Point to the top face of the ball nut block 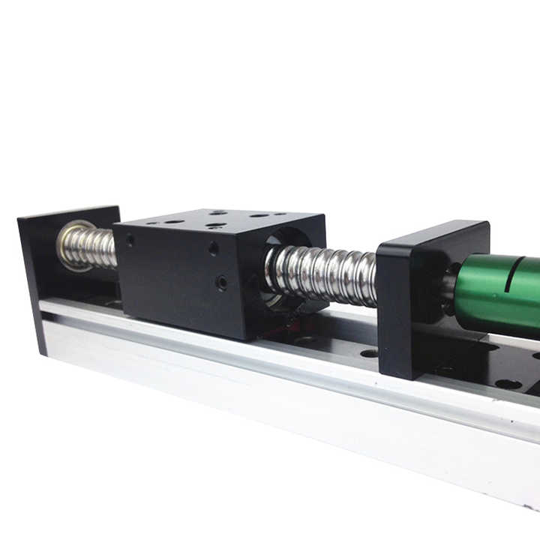point(217,222)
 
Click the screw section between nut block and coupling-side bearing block point(322,274)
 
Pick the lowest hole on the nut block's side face point(221,283)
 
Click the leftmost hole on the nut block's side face point(130,241)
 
